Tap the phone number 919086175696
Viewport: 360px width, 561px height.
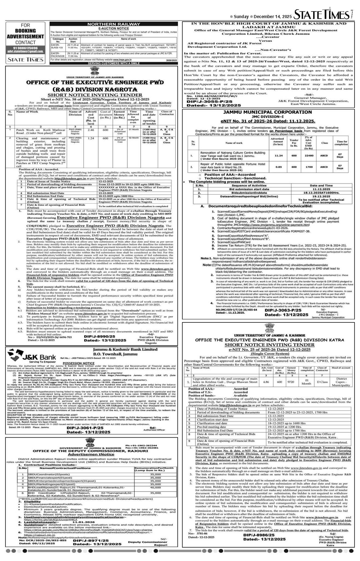tap(25, 48)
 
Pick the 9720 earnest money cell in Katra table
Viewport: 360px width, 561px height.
tap(291, 382)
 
